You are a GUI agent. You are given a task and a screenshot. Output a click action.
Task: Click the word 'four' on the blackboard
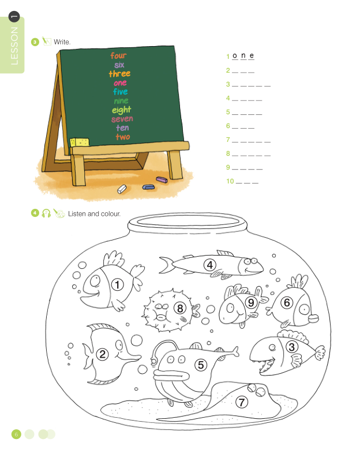[x=118, y=55]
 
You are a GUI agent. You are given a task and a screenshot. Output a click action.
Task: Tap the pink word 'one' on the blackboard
[x=120, y=83]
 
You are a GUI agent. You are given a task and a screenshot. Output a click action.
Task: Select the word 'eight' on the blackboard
[x=121, y=110]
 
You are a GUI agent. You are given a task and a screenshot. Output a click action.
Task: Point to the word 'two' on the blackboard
[x=123, y=137]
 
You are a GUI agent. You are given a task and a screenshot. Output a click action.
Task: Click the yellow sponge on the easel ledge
[x=80, y=142]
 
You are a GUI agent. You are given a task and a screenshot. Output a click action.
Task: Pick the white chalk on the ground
[x=122, y=189]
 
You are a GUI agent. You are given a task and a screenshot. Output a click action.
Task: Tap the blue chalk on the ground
[x=148, y=187]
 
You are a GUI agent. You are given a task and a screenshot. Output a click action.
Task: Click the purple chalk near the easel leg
[x=162, y=179]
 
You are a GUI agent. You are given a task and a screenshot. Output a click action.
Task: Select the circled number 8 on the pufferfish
[x=180, y=308]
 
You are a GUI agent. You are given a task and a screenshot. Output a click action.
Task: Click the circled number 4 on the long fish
[x=210, y=265]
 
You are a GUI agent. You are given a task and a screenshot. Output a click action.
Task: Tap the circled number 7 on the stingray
[x=241, y=402]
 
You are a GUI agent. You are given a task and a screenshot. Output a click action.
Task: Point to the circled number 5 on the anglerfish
[x=201, y=365]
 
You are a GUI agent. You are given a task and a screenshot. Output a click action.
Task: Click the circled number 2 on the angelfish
[x=103, y=354]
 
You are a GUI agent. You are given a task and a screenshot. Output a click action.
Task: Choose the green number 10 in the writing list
[x=230, y=181]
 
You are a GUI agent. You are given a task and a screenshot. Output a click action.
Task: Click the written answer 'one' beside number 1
[x=243, y=55]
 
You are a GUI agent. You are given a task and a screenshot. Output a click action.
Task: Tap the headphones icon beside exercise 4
[x=46, y=213]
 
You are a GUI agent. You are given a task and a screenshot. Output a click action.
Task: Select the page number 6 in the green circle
[x=16, y=434]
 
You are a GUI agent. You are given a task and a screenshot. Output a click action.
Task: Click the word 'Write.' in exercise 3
[x=62, y=42]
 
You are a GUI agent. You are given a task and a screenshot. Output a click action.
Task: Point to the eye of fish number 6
[x=303, y=309]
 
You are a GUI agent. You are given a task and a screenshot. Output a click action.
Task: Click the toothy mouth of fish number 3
[x=266, y=366]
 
